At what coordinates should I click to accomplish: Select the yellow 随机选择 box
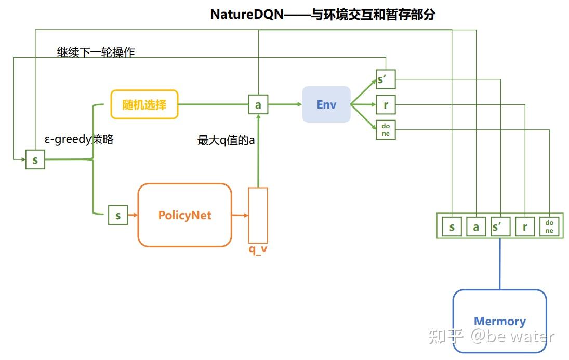click(144, 104)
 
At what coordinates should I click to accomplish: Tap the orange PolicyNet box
click(184, 215)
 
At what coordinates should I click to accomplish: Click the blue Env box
click(326, 104)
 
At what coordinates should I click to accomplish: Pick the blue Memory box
click(499, 321)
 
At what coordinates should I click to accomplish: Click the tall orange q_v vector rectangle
click(258, 215)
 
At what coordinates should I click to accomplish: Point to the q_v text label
click(258, 249)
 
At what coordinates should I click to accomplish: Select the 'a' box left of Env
click(258, 105)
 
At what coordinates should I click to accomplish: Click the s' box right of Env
click(386, 79)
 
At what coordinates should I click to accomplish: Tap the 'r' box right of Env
click(386, 105)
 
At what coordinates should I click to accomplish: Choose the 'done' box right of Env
click(386, 130)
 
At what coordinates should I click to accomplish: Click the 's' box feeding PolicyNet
click(118, 215)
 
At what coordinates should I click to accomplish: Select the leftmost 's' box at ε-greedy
click(35, 159)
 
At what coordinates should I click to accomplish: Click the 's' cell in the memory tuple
click(452, 227)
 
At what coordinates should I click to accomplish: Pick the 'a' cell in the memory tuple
click(475, 227)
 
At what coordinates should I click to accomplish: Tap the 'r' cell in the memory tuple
click(525, 227)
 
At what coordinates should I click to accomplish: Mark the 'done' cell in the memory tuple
click(549, 227)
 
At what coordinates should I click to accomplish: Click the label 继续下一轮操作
click(96, 52)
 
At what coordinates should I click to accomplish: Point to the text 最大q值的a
click(226, 140)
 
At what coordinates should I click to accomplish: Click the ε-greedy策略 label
click(79, 139)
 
